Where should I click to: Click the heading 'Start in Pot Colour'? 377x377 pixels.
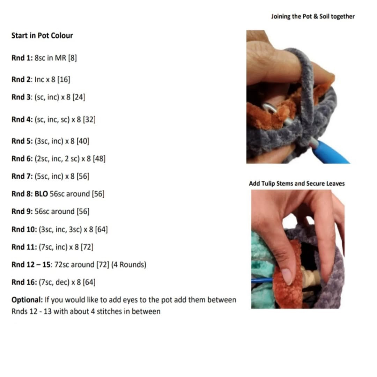click(x=42, y=36)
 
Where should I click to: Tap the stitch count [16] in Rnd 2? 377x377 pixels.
click(x=64, y=80)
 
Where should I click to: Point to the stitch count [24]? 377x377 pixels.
click(x=79, y=97)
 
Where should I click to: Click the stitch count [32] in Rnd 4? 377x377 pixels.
click(x=89, y=119)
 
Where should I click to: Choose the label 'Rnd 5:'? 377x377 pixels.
click(x=22, y=141)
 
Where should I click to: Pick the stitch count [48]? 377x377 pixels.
click(x=99, y=159)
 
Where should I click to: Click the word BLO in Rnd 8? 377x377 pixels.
click(x=41, y=194)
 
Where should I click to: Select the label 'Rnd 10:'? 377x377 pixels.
click(x=24, y=229)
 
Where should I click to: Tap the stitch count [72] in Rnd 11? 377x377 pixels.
click(x=87, y=247)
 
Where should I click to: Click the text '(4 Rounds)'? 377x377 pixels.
click(x=129, y=265)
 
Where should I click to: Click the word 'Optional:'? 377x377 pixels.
click(x=27, y=300)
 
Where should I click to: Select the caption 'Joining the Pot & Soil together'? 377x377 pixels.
click(x=313, y=17)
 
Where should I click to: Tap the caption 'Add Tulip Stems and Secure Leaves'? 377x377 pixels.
click(x=297, y=184)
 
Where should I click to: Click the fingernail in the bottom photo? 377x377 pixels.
click(x=287, y=276)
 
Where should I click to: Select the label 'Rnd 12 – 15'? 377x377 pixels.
click(x=31, y=265)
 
